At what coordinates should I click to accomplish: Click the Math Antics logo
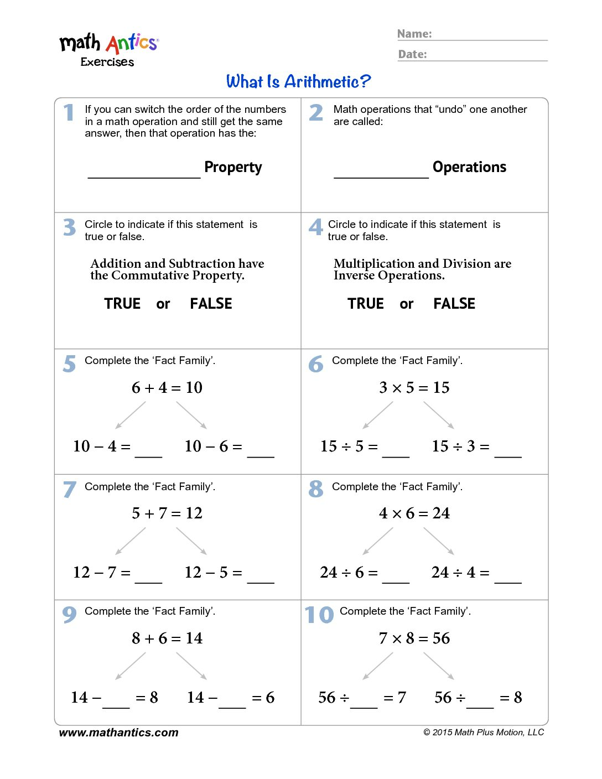click(x=108, y=49)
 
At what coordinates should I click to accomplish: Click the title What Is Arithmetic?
click(x=298, y=82)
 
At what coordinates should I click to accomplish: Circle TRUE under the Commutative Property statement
click(x=122, y=304)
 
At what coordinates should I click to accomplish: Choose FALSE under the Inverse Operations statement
click(x=454, y=304)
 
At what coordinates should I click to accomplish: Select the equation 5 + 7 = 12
click(x=167, y=513)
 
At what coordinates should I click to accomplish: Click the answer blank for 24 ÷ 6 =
click(x=396, y=576)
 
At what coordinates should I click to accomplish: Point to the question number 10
click(x=319, y=615)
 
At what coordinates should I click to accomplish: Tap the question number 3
click(x=69, y=227)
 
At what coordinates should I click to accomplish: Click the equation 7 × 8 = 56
click(x=414, y=638)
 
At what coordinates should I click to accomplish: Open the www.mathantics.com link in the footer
click(x=118, y=733)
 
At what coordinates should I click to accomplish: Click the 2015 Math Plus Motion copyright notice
click(x=484, y=733)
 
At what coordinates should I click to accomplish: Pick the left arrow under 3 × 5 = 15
click(x=378, y=415)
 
